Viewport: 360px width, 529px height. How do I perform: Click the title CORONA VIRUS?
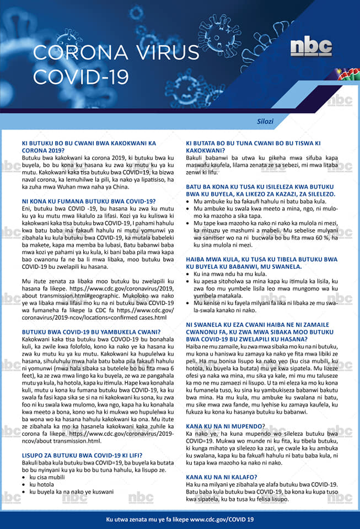tap(115, 53)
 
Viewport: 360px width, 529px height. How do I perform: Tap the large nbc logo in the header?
tap(311, 46)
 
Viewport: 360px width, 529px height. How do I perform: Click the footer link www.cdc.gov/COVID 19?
tap(222, 520)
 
